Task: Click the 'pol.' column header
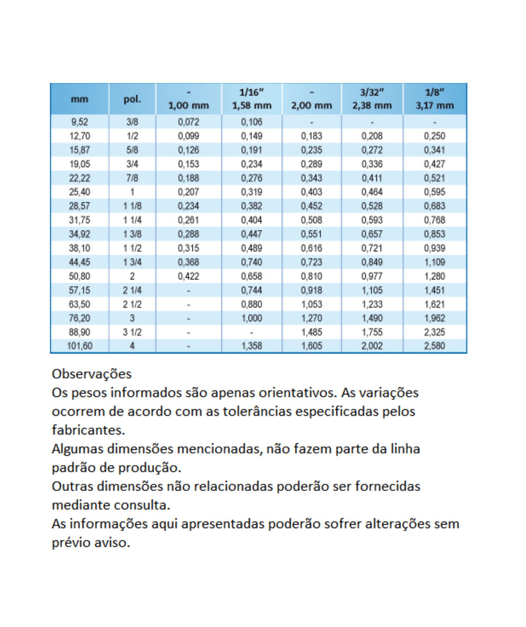click(x=132, y=99)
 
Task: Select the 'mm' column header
click(x=79, y=99)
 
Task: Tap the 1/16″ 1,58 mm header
click(x=252, y=99)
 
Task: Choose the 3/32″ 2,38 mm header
click(x=372, y=99)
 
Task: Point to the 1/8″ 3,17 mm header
click(x=435, y=99)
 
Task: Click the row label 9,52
click(x=79, y=122)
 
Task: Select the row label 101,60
click(x=79, y=346)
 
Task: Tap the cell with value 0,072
click(x=188, y=122)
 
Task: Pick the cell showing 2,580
click(x=435, y=346)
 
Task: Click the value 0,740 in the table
click(x=252, y=262)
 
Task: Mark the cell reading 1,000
click(x=252, y=318)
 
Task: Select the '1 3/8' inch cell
click(x=132, y=234)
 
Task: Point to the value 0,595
click(x=435, y=192)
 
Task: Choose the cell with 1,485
click(x=312, y=332)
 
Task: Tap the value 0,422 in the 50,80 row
click(x=188, y=276)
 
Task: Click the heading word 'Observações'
click(x=92, y=374)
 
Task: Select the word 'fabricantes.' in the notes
click(x=88, y=430)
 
